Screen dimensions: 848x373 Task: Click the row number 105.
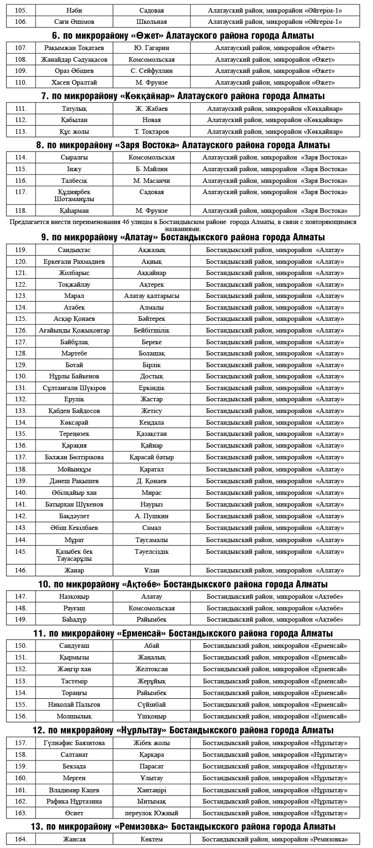click(21, 10)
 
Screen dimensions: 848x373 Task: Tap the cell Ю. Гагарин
click(152, 48)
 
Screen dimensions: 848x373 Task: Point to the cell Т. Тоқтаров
click(152, 131)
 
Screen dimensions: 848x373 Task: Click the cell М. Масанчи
click(152, 181)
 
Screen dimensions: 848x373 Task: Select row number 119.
click(21, 250)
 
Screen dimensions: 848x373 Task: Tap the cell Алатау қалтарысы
click(152, 296)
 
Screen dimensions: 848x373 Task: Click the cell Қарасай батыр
click(152, 457)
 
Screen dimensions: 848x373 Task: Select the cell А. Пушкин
click(152, 516)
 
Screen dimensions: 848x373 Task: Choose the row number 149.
click(21, 619)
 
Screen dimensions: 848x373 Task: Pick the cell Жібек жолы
click(152, 743)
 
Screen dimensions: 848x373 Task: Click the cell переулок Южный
click(152, 813)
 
